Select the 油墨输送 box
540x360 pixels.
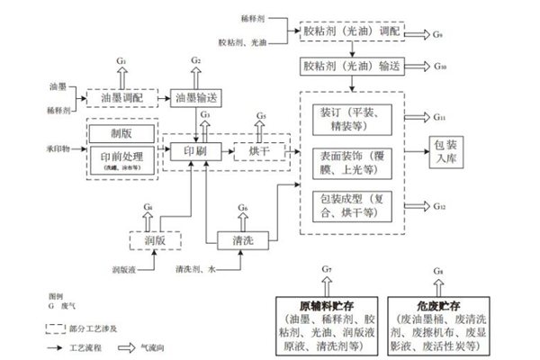pos(196,96)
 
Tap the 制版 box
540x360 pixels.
pos(119,133)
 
